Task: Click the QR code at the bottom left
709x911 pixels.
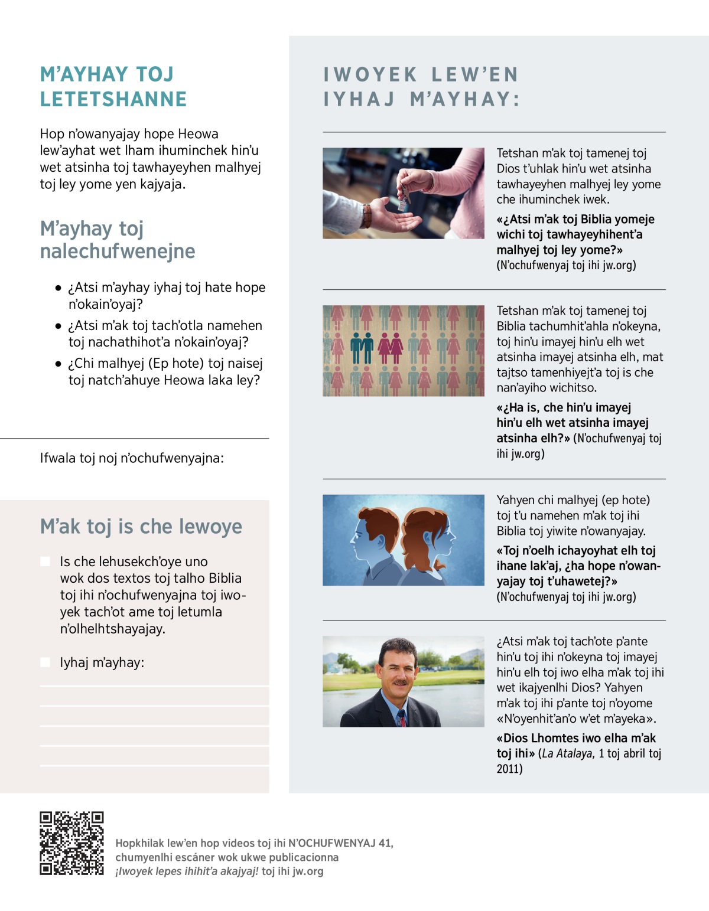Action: [x=71, y=843]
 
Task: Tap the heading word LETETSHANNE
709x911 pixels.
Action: [x=113, y=99]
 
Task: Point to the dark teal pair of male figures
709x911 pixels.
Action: [x=362, y=348]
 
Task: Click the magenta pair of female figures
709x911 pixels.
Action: [x=390, y=348]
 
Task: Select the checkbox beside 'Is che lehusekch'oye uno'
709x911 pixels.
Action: [x=45, y=561]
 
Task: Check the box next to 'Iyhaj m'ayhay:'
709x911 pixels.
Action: [x=45, y=662]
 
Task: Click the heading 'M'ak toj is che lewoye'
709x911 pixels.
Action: [x=141, y=526]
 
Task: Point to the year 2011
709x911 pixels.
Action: [x=509, y=769]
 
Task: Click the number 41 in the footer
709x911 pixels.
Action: [x=385, y=843]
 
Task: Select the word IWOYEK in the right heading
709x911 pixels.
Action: [x=370, y=74]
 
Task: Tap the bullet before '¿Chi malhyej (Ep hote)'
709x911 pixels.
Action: [x=58, y=364]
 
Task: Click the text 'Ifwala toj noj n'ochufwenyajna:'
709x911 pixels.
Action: [x=132, y=458]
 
